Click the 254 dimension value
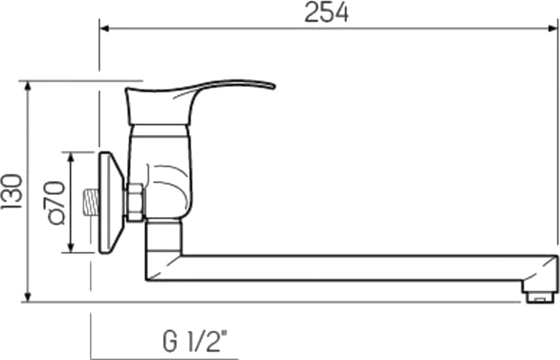coord(326,13)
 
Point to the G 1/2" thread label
coord(195,342)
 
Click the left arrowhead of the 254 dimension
coord(104,29)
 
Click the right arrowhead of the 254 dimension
coord(553,29)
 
